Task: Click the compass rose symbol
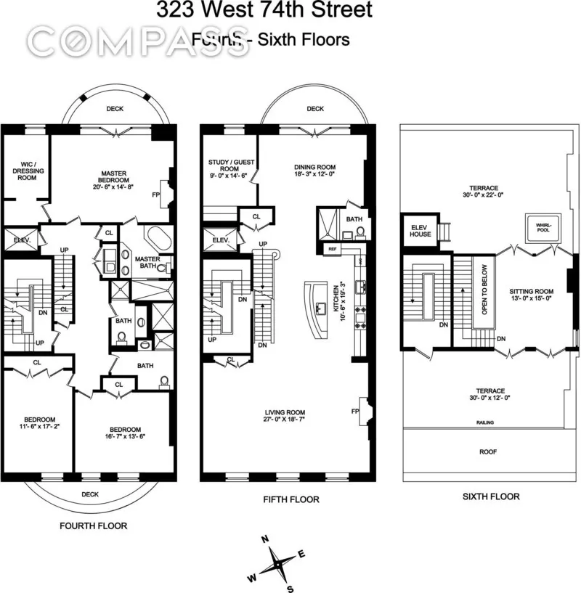(277, 563)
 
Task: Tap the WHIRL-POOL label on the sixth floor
(539, 227)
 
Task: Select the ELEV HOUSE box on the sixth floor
(420, 230)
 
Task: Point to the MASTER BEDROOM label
(115, 176)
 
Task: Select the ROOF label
(488, 450)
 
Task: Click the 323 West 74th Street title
(264, 10)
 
